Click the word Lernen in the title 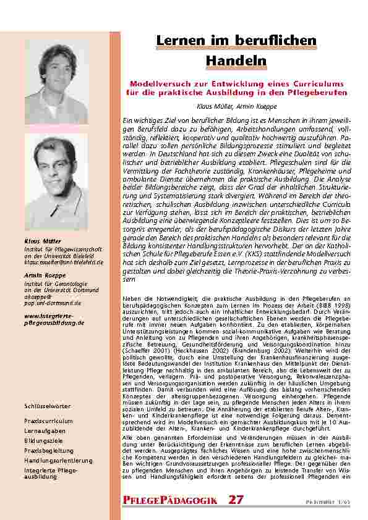click(181, 41)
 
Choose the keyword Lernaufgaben click(45, 430)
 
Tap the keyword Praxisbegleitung click(49, 451)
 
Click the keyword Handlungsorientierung click(58, 461)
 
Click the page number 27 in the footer click(236, 500)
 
